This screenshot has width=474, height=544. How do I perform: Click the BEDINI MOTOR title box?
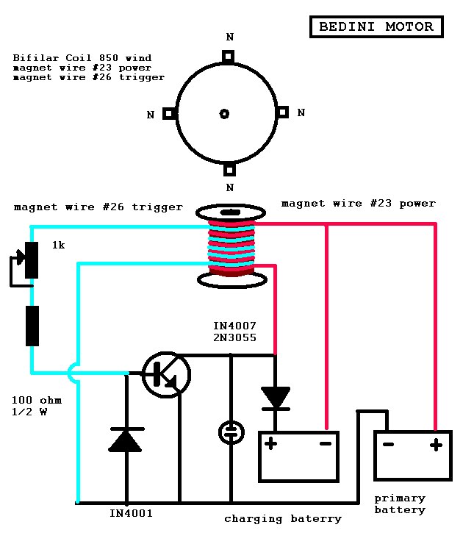point(376,26)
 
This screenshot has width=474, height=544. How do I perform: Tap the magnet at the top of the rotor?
point(228,56)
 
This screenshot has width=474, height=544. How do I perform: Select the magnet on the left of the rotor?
point(169,113)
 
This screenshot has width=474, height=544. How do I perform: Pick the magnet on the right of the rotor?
point(282,112)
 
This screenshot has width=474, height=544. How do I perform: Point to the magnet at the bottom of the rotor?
point(229,170)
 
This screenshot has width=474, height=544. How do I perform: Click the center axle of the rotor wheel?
point(224,114)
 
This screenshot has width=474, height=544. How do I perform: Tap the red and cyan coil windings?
point(231,248)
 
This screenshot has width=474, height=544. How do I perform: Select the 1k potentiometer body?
point(32,260)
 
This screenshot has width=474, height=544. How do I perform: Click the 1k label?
point(58,246)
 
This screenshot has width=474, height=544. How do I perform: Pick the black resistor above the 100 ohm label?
point(32,326)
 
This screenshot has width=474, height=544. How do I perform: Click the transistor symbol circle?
point(166,375)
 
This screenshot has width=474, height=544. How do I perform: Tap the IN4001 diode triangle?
point(125,441)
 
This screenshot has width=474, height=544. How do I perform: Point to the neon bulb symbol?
point(231,432)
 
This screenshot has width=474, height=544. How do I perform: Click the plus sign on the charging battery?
point(271,443)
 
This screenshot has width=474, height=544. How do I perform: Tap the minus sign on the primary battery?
point(388,445)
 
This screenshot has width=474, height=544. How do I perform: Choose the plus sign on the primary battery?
point(436,445)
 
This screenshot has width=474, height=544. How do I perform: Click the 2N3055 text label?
point(234,337)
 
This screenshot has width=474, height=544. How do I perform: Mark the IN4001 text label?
point(131,513)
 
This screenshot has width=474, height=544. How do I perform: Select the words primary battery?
point(400,504)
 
